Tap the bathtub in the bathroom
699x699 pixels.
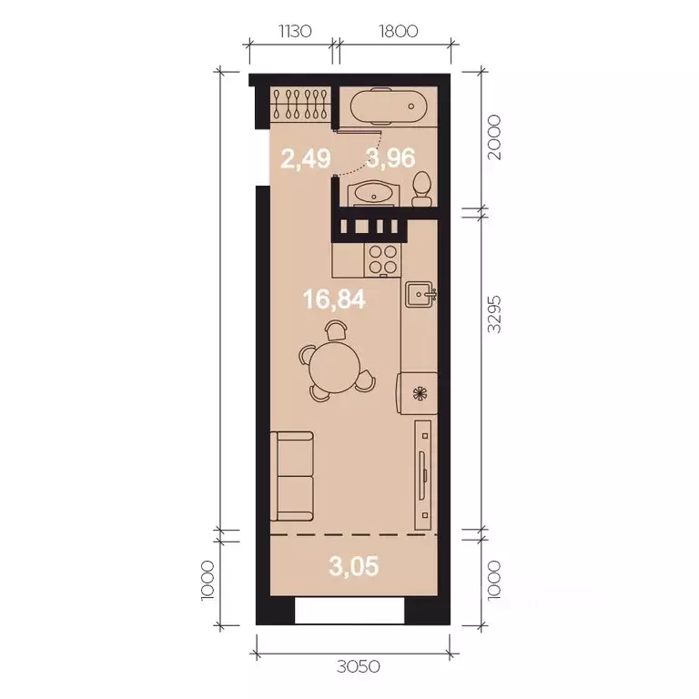coord(388,107)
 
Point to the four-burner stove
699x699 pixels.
coord(381,258)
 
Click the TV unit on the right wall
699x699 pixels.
coord(423,473)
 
